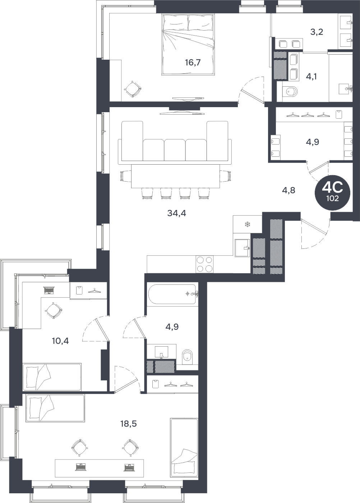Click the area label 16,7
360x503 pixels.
coord(193,63)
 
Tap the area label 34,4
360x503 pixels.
coord(177,213)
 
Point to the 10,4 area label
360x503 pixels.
coord(60,341)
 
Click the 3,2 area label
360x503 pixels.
coord(317,32)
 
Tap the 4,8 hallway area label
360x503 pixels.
coord(289,191)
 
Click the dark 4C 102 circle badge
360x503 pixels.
coord(333,193)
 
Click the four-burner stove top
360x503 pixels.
coord(204,264)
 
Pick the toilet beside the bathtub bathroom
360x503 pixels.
coord(187,357)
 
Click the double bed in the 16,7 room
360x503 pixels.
coord(188,45)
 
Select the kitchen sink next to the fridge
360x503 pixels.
coord(242,248)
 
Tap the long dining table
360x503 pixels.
coord(176,177)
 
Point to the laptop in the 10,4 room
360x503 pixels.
coord(49,291)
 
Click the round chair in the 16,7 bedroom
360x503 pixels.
coord(133,89)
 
